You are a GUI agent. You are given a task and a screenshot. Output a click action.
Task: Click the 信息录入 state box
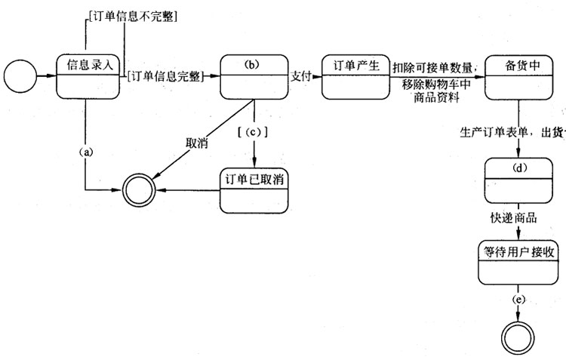pos(90,76)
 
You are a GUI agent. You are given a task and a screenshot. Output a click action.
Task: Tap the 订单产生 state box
pos(355,76)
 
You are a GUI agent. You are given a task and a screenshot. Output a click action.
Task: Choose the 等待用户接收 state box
pos(519,263)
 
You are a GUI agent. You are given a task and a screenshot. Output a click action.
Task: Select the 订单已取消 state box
pos(255,189)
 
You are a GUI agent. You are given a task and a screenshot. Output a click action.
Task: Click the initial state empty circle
pos(20,76)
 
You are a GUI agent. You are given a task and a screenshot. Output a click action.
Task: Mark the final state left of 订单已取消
pos(139,188)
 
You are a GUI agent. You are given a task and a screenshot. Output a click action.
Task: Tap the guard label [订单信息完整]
pos(164,76)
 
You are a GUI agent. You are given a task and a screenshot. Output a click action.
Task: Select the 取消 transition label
pos(198,143)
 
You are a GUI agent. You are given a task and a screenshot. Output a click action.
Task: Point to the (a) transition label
pos(86,151)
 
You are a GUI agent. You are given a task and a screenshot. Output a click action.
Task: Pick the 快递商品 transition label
pos(512,218)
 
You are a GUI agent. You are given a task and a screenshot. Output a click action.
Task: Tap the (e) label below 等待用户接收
pos(518,300)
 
